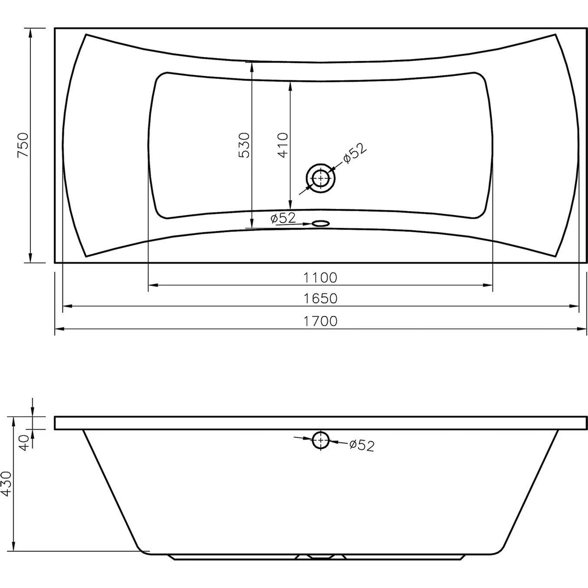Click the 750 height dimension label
point(23,145)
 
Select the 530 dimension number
point(244,145)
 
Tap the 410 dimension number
point(283,145)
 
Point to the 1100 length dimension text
point(320,278)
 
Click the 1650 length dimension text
point(320,299)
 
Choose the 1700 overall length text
point(320,322)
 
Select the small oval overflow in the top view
point(320,224)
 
